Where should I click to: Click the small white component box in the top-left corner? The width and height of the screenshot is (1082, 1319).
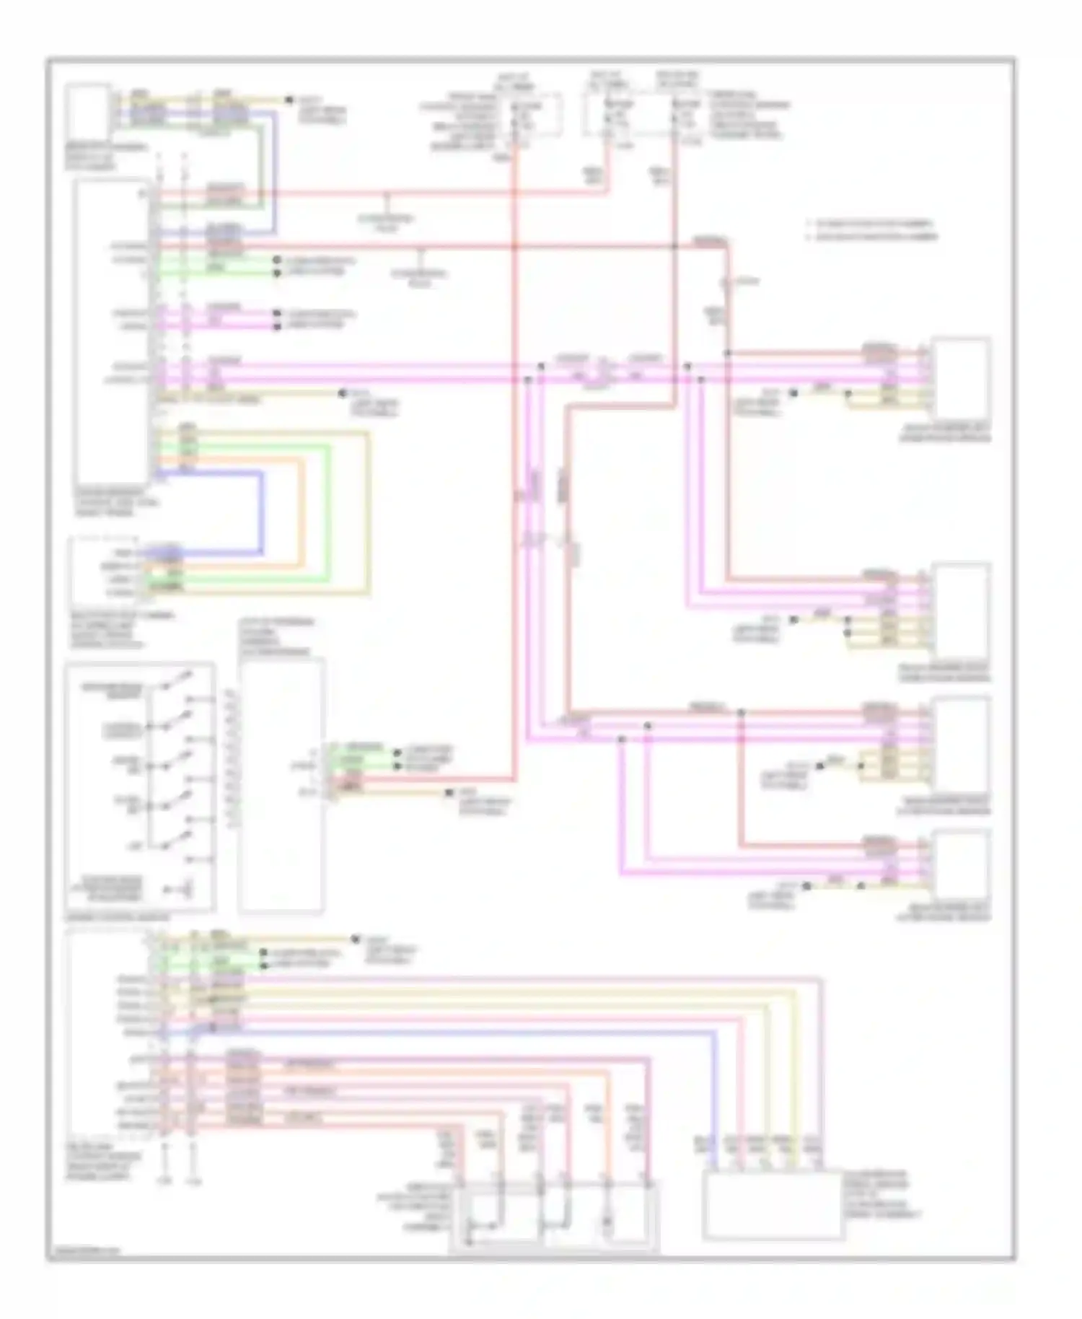[88, 110]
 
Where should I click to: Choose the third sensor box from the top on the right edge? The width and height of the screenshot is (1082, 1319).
[961, 743]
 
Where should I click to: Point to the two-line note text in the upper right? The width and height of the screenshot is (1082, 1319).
[873, 229]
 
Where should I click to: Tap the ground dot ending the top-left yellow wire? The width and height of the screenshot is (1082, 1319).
[289, 100]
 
